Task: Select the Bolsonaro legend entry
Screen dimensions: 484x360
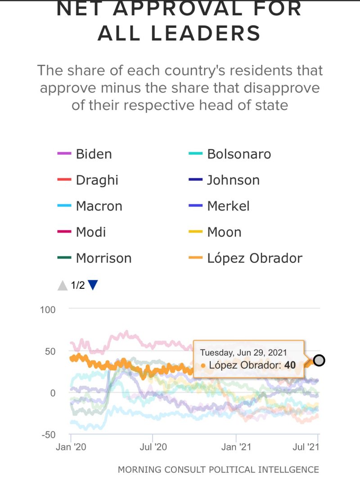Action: (x=238, y=154)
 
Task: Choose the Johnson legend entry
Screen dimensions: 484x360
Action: (x=233, y=180)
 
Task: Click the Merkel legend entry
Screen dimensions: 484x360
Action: (x=228, y=206)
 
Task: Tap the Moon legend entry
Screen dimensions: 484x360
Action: (x=224, y=232)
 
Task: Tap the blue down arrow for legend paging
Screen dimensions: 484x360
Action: (x=93, y=285)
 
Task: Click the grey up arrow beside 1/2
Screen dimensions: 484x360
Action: (x=62, y=285)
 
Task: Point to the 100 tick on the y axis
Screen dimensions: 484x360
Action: (x=48, y=310)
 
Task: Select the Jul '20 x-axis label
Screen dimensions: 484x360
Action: (x=153, y=447)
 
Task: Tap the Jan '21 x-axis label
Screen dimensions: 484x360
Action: (x=236, y=447)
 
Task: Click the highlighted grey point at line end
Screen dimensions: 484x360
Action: (x=319, y=360)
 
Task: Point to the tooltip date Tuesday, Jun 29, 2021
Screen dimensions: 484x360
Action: (x=243, y=353)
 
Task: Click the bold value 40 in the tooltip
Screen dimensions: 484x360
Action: (x=290, y=365)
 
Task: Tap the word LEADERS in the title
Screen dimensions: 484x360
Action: (x=179, y=33)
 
